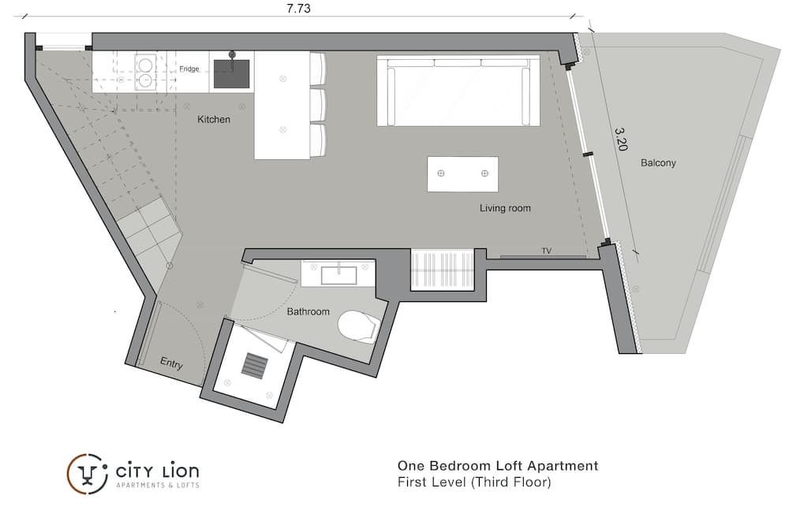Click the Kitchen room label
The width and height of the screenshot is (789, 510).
pyautogui.click(x=213, y=119)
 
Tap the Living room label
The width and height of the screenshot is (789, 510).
pyautogui.click(x=505, y=208)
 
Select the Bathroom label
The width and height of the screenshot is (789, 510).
pyautogui.click(x=308, y=312)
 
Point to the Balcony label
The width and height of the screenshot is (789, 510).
pyautogui.click(x=658, y=163)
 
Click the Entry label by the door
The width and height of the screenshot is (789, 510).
pyautogui.click(x=171, y=363)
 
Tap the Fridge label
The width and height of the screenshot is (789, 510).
pyautogui.click(x=189, y=69)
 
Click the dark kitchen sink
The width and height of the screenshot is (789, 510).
pyautogui.click(x=231, y=73)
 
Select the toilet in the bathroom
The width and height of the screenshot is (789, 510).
pyautogui.click(x=357, y=326)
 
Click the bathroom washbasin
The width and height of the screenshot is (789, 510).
pyautogui.click(x=338, y=275)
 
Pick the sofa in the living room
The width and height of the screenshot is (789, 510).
pyautogui.click(x=458, y=91)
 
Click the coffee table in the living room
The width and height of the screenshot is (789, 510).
pyautogui.click(x=462, y=174)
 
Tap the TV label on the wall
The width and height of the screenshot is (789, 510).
pyautogui.click(x=547, y=251)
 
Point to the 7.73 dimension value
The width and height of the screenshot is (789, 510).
pyautogui.click(x=298, y=9)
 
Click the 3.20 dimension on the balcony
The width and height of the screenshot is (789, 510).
pyautogui.click(x=622, y=139)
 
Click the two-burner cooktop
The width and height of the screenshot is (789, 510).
pyautogui.click(x=145, y=72)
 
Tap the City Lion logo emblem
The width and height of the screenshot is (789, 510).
pyautogui.click(x=87, y=474)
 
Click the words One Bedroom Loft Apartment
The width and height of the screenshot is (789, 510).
pyautogui.click(x=498, y=466)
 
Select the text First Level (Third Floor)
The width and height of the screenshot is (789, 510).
pyautogui.click(x=474, y=482)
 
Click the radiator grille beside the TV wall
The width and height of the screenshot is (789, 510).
pyautogui.click(x=443, y=270)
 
